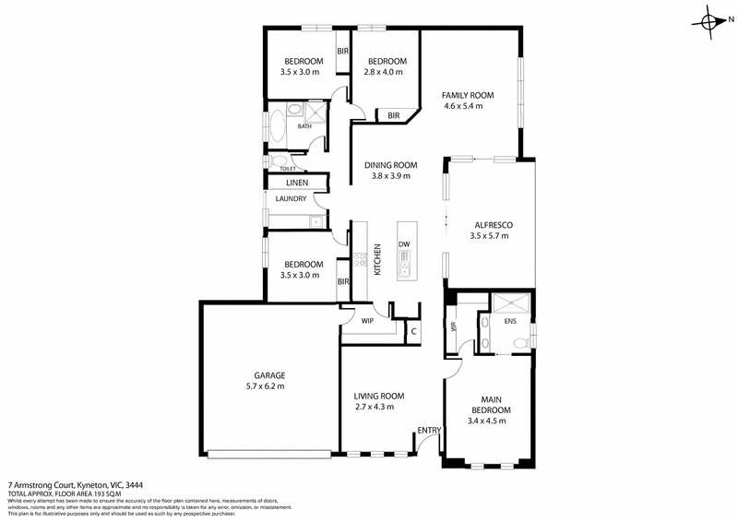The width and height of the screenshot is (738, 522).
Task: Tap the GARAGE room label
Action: click(269, 375)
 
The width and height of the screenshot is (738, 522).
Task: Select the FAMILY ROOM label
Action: click(468, 95)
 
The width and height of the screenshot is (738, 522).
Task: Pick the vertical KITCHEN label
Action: click(376, 259)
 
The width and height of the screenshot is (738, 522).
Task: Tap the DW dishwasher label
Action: click(404, 244)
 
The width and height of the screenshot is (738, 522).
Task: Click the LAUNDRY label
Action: click(290, 199)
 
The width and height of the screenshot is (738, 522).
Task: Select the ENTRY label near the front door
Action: click(429, 431)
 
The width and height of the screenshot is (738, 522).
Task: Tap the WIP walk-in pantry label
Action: click(366, 322)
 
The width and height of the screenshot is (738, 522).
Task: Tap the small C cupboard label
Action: click(413, 330)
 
